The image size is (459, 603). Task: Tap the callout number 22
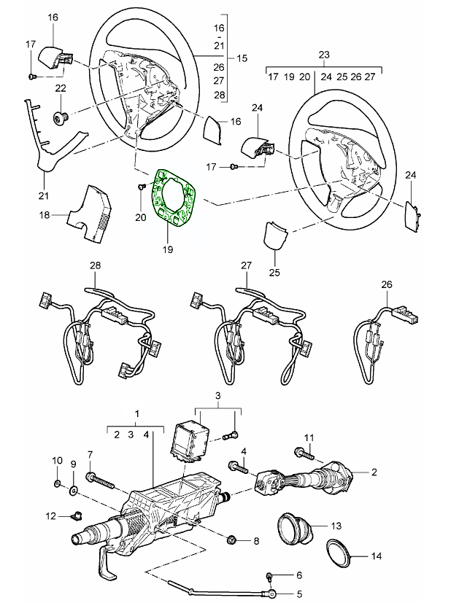61,88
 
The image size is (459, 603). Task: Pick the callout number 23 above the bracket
324,54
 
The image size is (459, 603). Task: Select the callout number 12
50,516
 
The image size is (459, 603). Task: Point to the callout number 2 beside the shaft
374,472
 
